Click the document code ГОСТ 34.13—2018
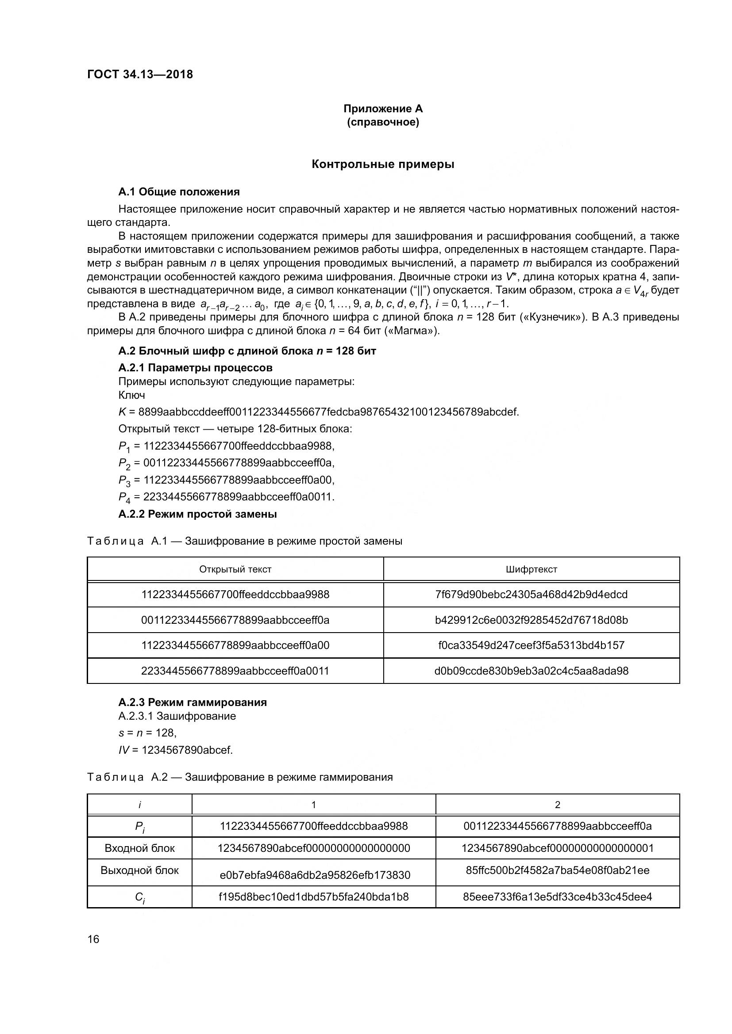click(x=140, y=74)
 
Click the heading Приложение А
click(x=383, y=109)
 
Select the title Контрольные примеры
click(x=383, y=164)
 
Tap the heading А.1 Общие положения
click(x=179, y=192)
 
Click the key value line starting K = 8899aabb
click(x=318, y=412)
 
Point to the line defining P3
click(x=226, y=480)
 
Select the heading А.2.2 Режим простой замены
click(x=197, y=514)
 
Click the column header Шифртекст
click(x=532, y=569)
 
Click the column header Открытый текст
click(x=235, y=569)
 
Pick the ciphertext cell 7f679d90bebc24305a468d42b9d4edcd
click(x=532, y=595)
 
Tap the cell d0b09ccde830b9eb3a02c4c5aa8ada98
click(x=532, y=671)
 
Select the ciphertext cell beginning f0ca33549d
click(x=532, y=645)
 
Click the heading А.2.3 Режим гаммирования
click(x=193, y=702)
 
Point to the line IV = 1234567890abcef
click(x=175, y=750)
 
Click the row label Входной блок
click(x=139, y=848)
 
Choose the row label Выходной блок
click(x=139, y=870)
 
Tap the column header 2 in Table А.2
click(x=558, y=805)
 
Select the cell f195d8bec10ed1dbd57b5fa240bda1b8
click(x=314, y=897)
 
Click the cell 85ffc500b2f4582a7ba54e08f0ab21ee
click(x=558, y=870)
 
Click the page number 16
click(x=93, y=939)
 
